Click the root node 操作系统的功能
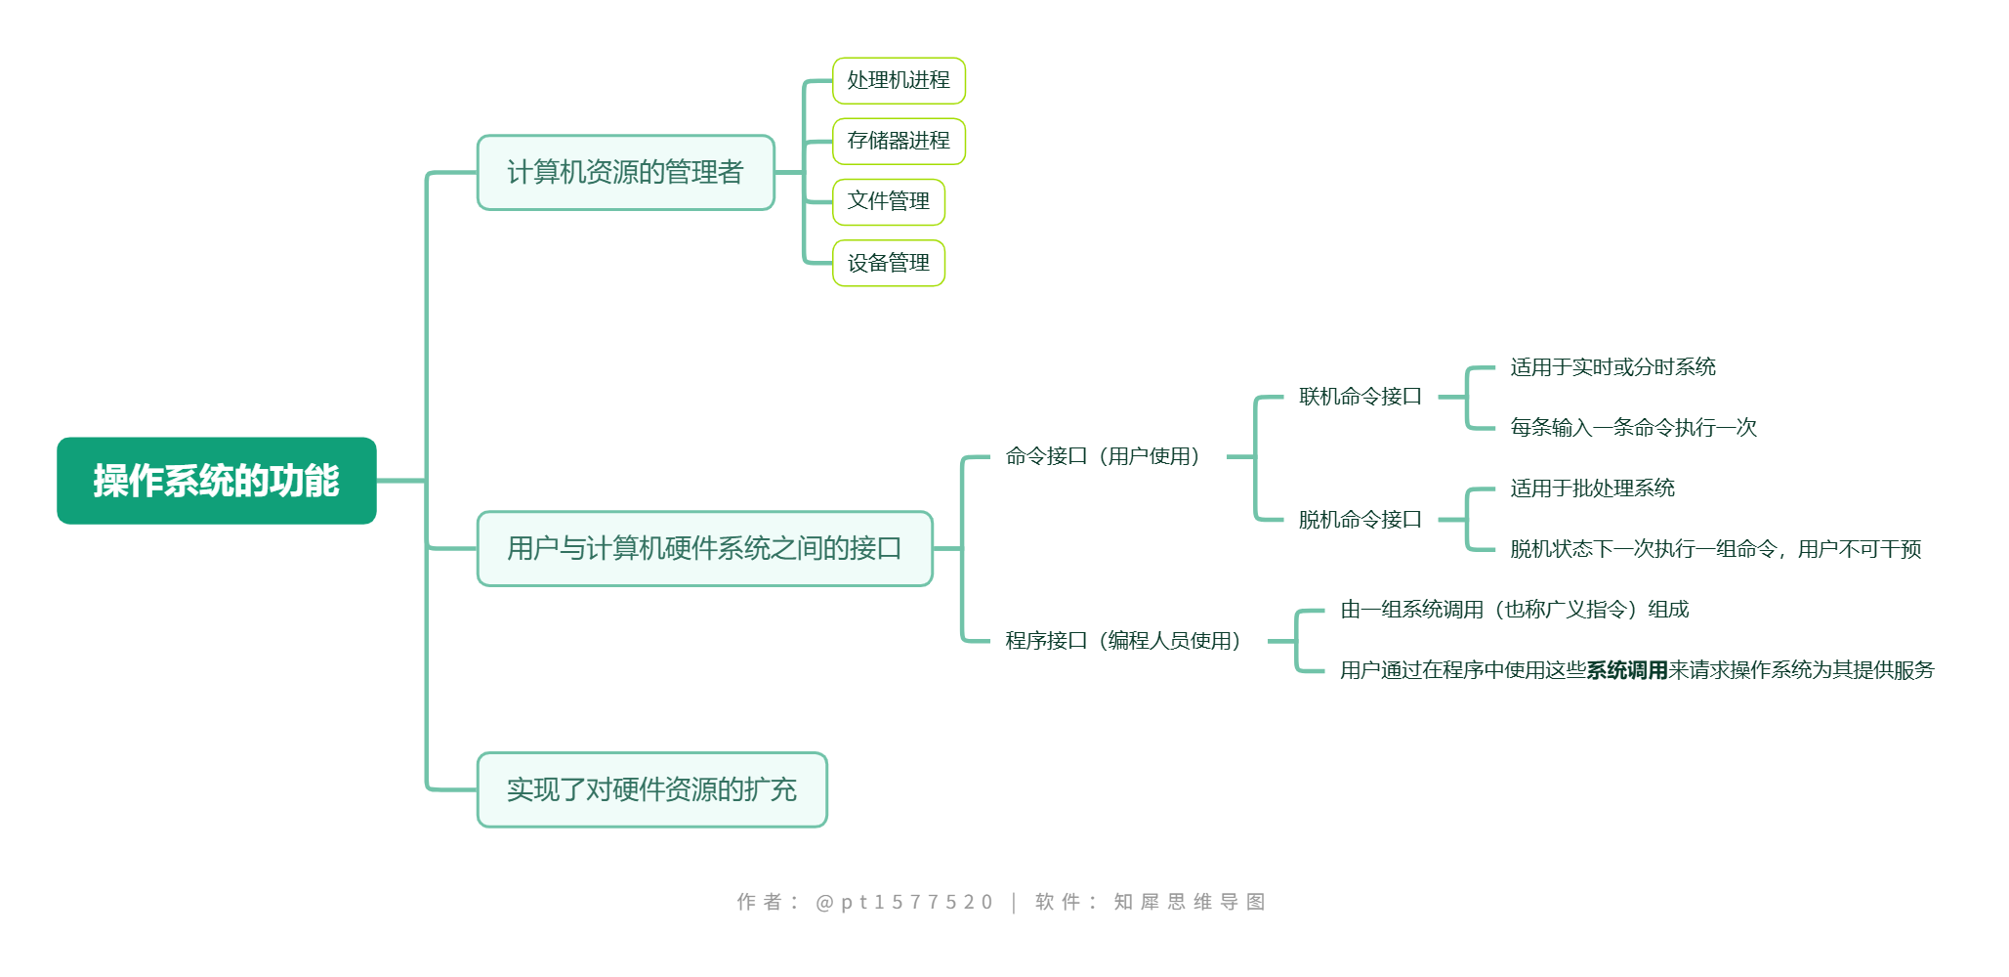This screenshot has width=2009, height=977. tap(216, 481)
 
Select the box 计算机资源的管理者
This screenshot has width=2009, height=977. tap(625, 173)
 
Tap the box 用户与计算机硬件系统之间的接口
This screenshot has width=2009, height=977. tap(704, 549)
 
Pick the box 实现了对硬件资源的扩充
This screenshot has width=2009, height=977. tap(651, 789)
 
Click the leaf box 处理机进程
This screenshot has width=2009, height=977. tap(899, 80)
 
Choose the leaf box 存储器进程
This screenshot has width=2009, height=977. tap(899, 141)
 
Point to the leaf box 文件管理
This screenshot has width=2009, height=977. tap(888, 201)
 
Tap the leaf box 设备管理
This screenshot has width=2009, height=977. tap(888, 263)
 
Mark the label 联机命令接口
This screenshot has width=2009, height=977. tap(1360, 397)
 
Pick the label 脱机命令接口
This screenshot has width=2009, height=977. tap(1360, 520)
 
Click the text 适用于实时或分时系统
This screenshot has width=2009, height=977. tap(1612, 367)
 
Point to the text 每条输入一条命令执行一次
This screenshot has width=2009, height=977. tap(1633, 428)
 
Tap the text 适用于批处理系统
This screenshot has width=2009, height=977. tap(1592, 488)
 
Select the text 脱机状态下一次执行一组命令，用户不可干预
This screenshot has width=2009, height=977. tap(1715, 549)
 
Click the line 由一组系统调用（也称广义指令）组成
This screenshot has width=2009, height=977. tap(1514, 610)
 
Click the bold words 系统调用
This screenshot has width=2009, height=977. tap(1626, 670)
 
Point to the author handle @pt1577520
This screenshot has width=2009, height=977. tap(903, 902)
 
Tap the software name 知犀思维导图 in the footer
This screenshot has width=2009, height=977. tap(1189, 902)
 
